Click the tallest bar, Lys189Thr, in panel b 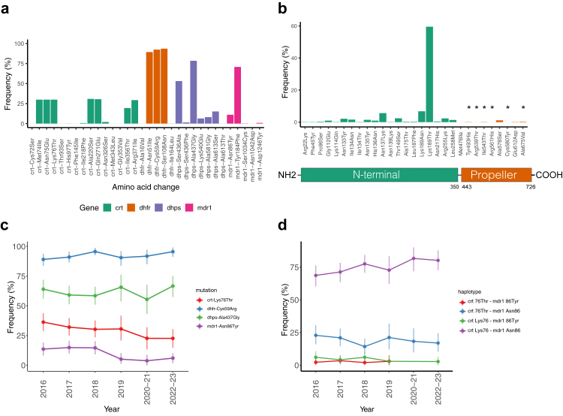tap(429, 75)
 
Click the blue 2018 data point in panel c tap(95, 252)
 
